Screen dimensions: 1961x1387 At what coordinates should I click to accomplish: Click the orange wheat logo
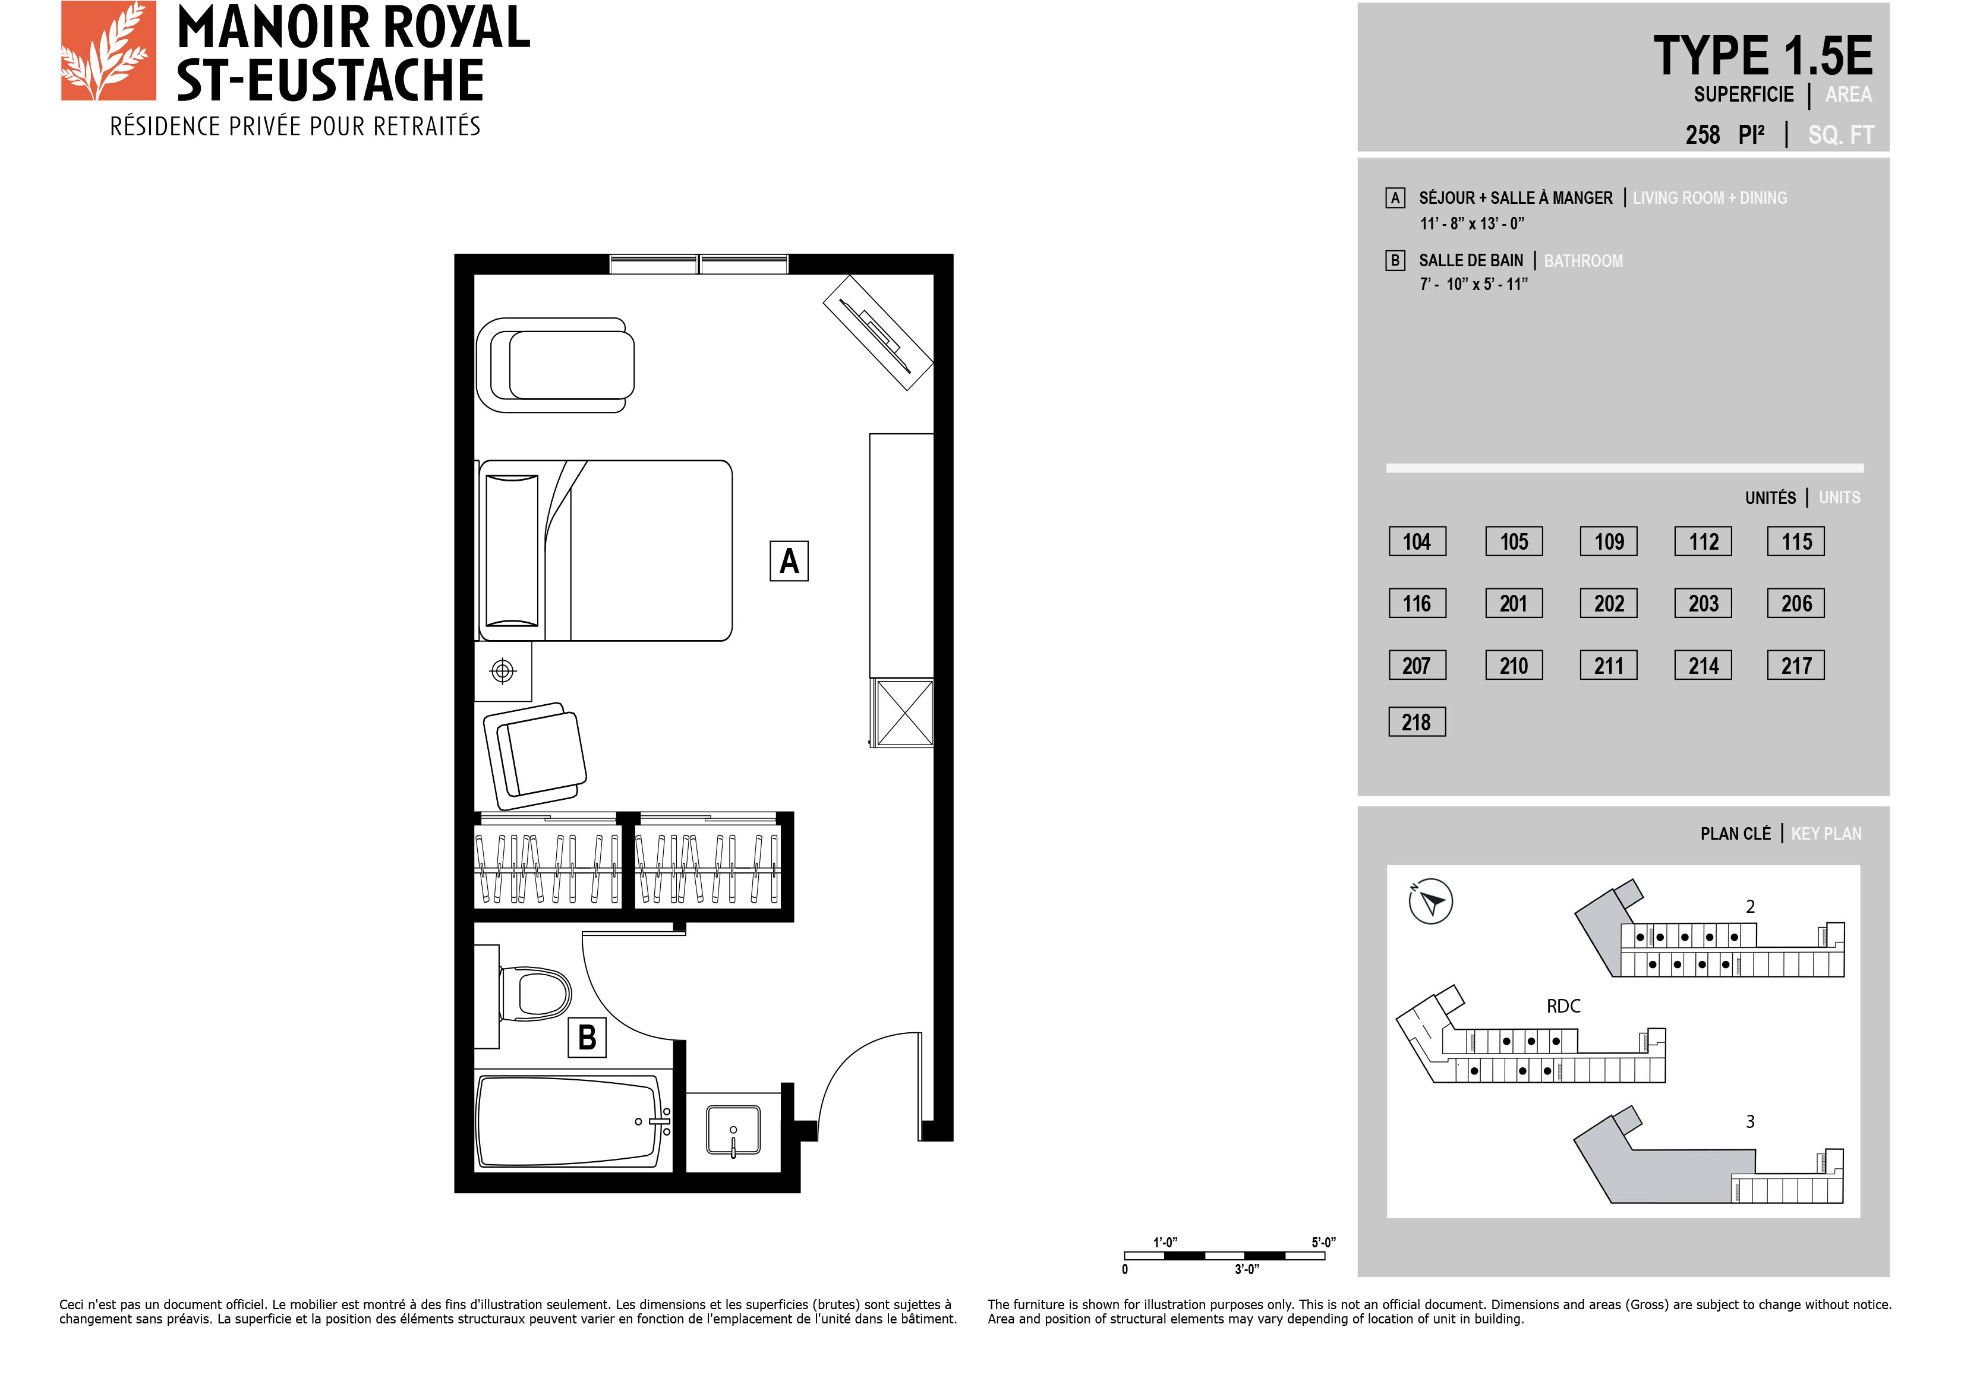109,51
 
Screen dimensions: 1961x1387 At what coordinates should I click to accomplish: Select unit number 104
1417,541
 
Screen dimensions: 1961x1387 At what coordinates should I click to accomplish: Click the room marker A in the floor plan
789,561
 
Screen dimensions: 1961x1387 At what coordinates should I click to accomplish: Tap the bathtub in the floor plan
570,1121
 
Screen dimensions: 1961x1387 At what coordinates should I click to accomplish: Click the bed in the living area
605,551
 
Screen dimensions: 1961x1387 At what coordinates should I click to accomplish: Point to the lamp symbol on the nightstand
503,672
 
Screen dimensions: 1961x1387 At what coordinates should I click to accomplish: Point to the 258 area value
1703,135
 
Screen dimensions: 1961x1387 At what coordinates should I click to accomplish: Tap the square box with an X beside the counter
904,713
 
